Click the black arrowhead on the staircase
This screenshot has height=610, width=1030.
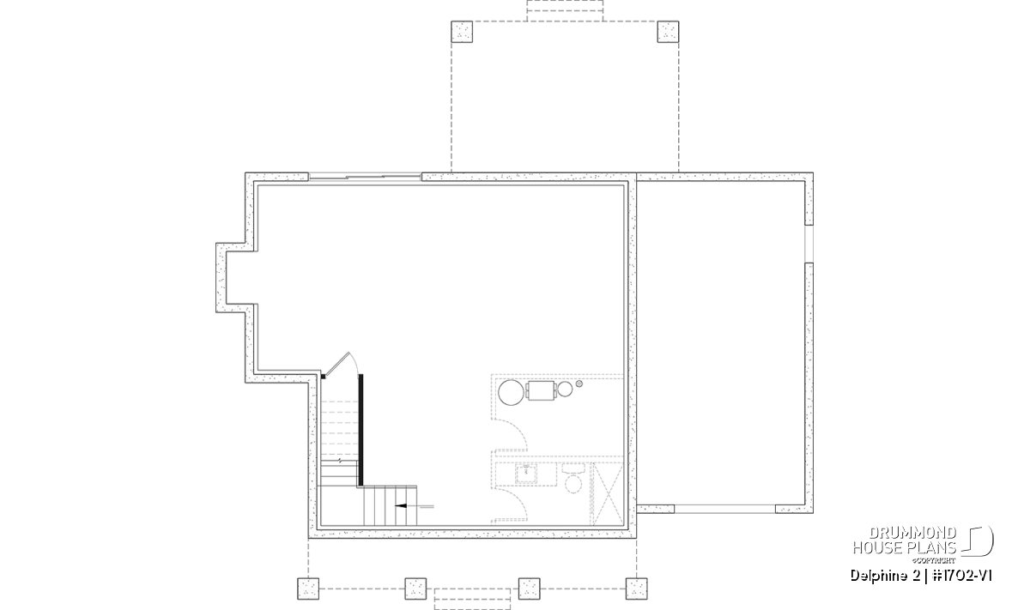pos(401,506)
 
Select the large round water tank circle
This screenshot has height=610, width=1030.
pos(511,393)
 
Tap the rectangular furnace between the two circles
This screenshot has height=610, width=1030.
pos(540,390)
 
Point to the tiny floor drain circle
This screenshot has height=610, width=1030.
pos(579,384)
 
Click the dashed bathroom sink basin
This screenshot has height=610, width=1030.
pos(526,474)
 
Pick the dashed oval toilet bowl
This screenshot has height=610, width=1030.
pos(573,484)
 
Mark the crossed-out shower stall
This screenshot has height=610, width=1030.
pos(607,493)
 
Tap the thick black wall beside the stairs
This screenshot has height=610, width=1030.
pos(361,430)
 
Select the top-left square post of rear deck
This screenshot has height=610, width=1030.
pos(462,32)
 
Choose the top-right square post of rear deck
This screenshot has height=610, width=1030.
pos(668,32)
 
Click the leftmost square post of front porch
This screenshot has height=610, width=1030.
pos(308,589)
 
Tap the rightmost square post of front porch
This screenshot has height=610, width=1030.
pos(636,589)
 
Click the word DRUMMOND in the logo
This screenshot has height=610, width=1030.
pos(912,534)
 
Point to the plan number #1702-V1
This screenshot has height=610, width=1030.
pos(962,576)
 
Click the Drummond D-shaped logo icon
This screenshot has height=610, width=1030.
pos(978,541)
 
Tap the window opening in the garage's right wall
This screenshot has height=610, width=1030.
pos(809,244)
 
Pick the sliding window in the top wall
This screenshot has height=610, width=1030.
pos(365,177)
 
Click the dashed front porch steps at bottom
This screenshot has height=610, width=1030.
pos(472,599)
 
